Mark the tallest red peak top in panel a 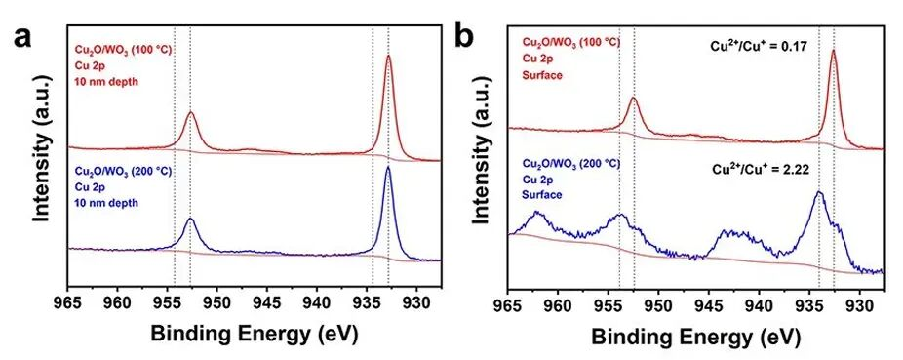[x=388, y=57]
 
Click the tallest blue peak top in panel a [x=388, y=168]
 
